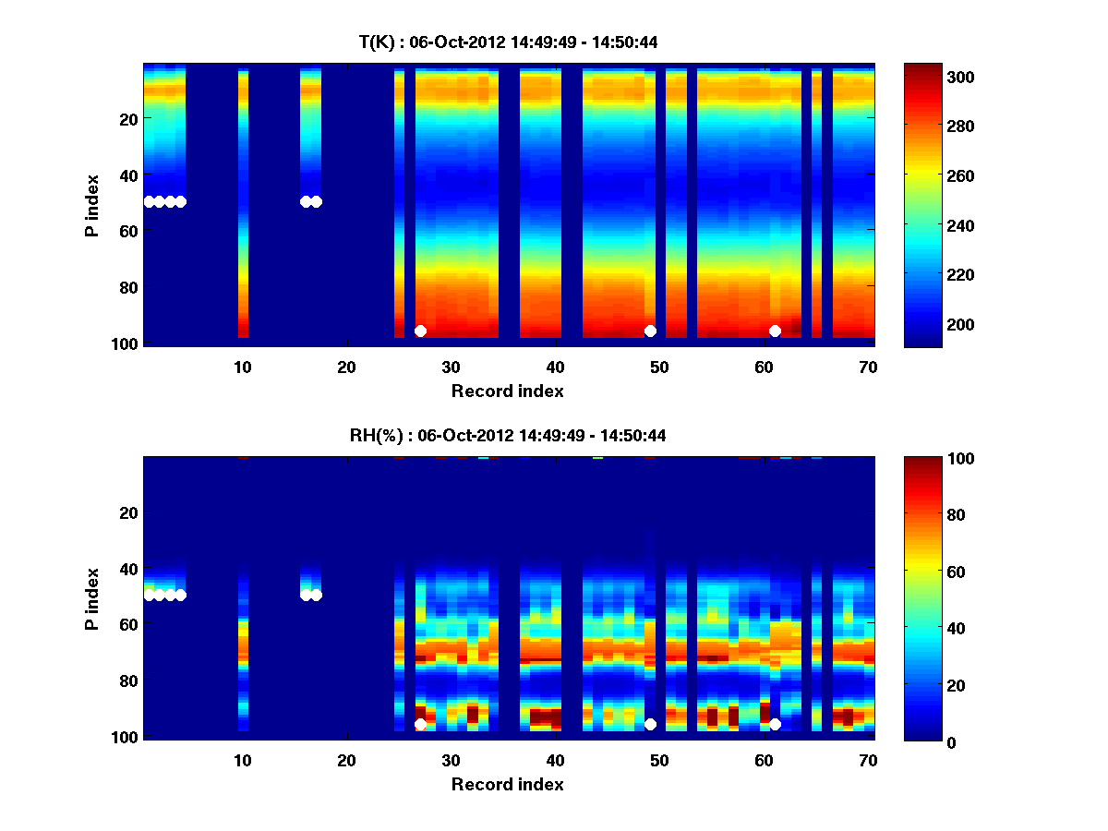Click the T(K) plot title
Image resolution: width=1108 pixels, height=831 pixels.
pos(508,42)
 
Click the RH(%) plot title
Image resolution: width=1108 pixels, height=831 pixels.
pos(508,436)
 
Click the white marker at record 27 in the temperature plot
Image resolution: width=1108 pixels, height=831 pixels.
pos(420,331)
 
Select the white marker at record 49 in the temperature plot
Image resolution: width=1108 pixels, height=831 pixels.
pos(650,331)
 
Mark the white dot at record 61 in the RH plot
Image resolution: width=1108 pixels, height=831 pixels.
pos(775,724)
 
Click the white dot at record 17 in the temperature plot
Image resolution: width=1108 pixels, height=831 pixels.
pos(316,201)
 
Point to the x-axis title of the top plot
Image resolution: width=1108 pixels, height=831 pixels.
pos(508,391)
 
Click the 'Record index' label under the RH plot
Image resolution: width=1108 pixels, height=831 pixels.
pos(508,784)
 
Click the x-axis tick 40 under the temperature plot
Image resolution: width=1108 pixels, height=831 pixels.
pos(556,367)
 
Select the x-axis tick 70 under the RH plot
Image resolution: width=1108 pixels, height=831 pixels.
pos(868,760)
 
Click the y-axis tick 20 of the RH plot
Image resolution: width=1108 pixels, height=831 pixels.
pos(128,512)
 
